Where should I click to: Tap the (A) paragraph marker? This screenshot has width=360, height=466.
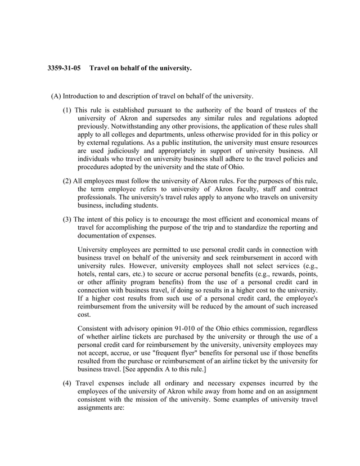click(x=56, y=96)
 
